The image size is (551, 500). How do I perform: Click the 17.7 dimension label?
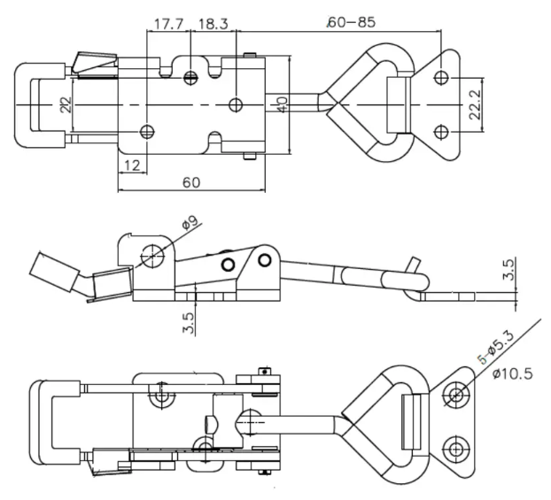(168, 24)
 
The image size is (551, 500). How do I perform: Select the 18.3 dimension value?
(213, 24)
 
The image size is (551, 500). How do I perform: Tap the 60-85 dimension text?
(352, 22)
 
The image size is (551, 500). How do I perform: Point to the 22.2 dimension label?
(475, 104)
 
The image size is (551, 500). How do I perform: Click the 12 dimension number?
(132, 165)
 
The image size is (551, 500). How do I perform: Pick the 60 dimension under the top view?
(191, 182)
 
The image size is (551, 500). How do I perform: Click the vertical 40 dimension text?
(282, 104)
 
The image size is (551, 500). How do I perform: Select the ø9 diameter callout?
(190, 223)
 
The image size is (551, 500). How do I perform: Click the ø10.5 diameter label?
(513, 373)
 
